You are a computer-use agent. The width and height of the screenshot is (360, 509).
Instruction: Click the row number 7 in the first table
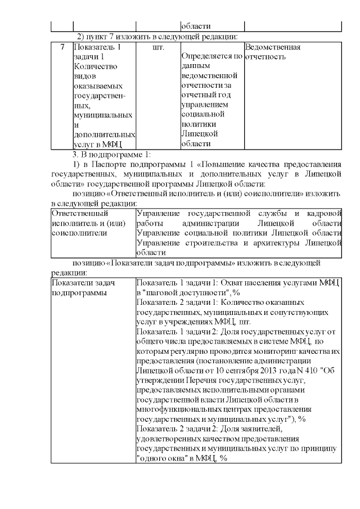click(x=62, y=47)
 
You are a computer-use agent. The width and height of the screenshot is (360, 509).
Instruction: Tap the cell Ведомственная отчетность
click(x=273, y=52)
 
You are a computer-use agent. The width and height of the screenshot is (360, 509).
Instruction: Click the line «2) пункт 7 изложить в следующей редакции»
click(x=157, y=37)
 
